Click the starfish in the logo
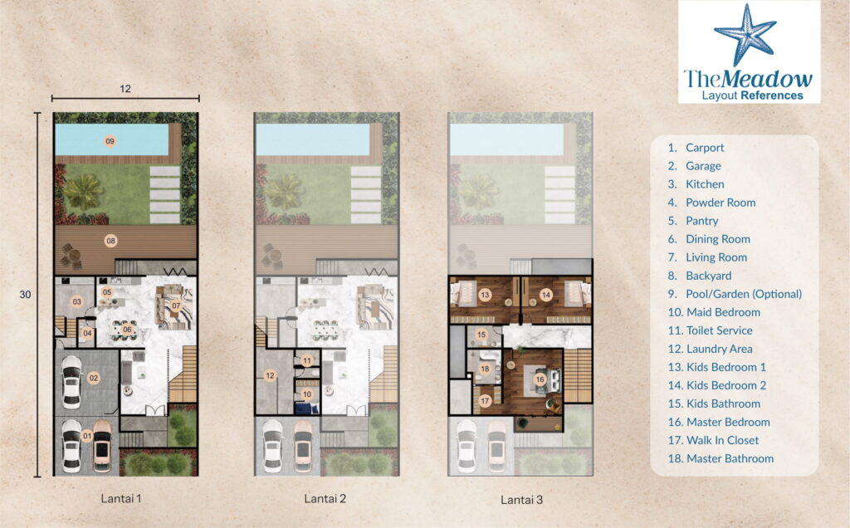pos(745,36)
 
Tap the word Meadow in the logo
pos(767,79)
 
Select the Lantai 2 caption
pos(325,499)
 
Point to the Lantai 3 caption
pos(521,500)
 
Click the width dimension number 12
pos(125,89)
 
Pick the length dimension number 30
pos(26,295)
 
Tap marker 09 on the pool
pos(110,141)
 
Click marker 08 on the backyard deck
pos(110,241)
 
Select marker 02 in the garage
pos(94,379)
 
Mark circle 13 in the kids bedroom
pos(485,295)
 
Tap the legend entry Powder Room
pos(720,203)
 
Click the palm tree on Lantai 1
pos(83,190)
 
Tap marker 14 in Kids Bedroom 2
pos(546,295)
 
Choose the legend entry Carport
pos(704,148)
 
